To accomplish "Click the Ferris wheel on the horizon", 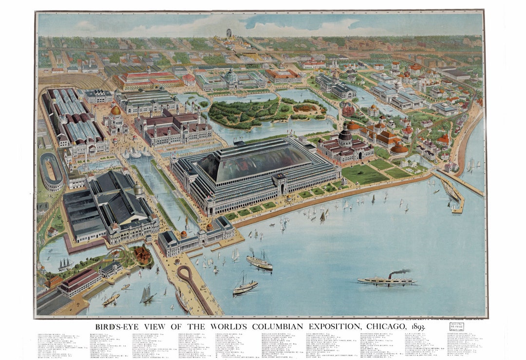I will point(228,34).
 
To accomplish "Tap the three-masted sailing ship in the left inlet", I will point(65,265).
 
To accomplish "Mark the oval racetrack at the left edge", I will point(51,171).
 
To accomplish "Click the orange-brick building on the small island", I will point(143,254).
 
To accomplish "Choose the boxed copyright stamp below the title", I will point(456,326).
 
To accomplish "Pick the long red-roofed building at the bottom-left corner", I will point(78,282).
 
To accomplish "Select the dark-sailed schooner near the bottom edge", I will point(146,294).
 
